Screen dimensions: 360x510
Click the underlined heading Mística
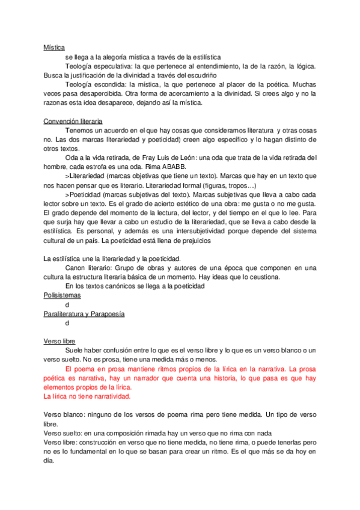54,47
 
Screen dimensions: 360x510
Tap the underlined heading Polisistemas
63,296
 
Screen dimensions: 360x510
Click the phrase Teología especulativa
97,66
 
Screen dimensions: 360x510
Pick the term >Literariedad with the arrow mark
86,176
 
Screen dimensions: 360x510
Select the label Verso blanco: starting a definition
64,415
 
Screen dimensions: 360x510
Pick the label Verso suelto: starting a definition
63,434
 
